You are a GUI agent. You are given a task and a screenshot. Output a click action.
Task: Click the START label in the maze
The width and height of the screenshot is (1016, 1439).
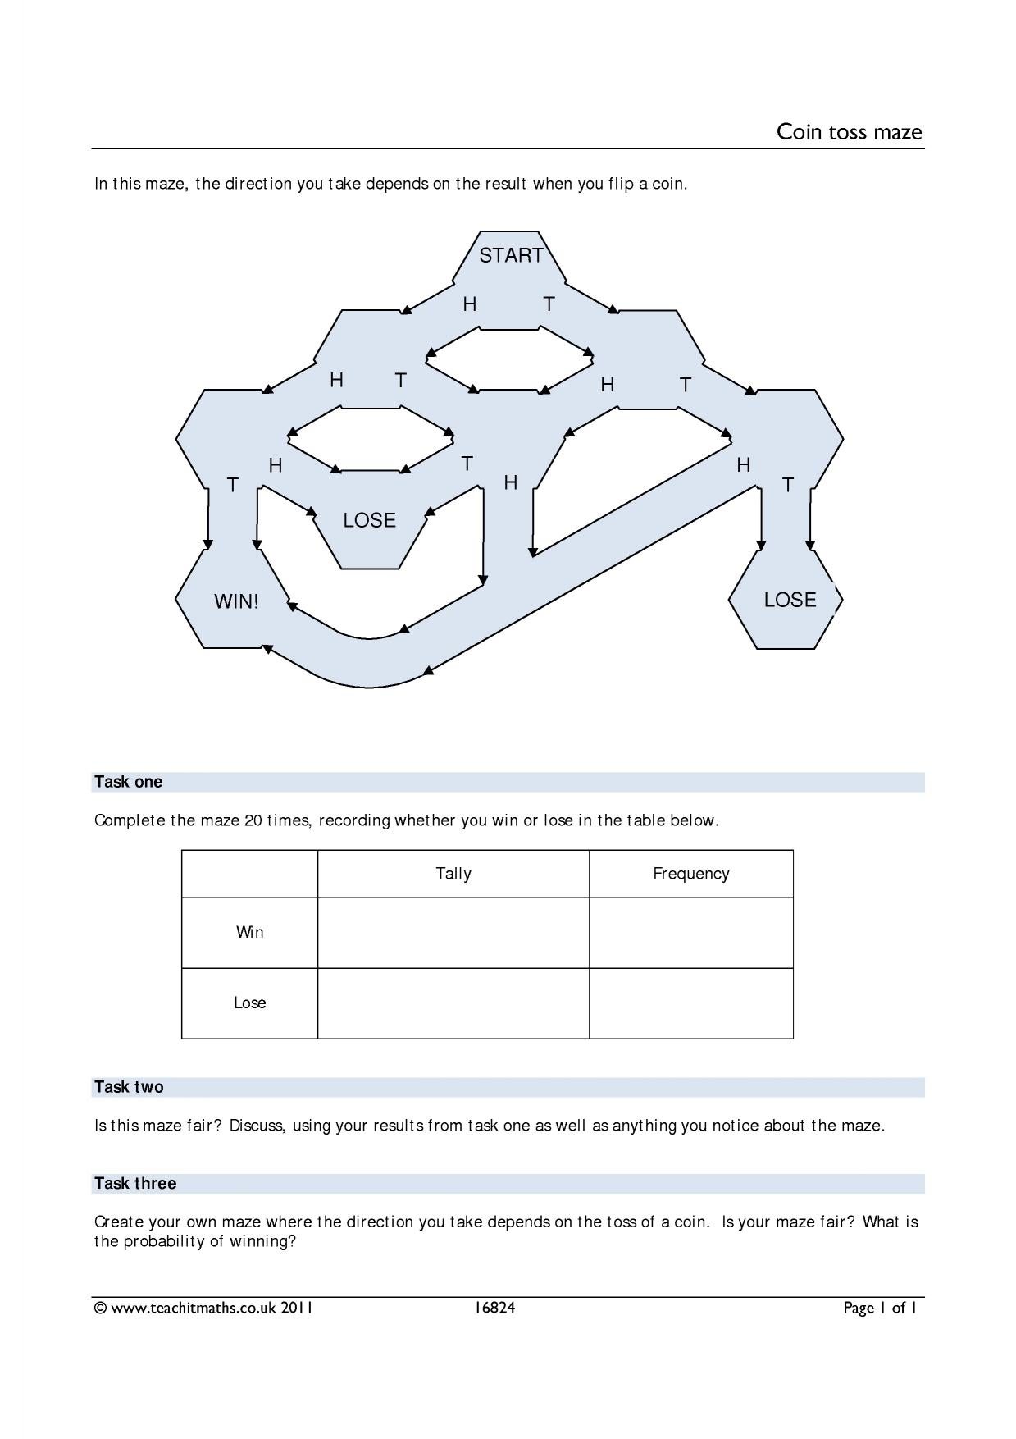coord(511,256)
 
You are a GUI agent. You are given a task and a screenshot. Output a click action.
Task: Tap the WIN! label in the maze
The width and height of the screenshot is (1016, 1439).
coord(236,601)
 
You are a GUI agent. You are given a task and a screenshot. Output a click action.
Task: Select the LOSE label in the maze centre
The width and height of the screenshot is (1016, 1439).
coord(369,520)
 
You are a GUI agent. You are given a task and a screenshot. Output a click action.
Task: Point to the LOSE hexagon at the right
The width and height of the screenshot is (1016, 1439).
coord(789,600)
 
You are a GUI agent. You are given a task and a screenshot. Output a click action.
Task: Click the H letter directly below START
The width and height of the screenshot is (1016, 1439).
coord(470,304)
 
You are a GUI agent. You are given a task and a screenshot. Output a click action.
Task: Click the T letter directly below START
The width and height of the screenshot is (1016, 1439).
coord(549,304)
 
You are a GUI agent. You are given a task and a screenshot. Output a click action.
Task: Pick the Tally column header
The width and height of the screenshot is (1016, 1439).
coord(453,874)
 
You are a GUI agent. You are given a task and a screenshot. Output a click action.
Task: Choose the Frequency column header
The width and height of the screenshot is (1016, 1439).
coord(690,874)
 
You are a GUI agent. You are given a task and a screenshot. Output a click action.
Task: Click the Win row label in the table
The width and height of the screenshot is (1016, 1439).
coord(249,932)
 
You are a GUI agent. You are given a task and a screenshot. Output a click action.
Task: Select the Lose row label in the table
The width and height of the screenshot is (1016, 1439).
coord(249,1003)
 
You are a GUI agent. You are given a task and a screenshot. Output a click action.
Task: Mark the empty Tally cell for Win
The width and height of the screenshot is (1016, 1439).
coord(453,933)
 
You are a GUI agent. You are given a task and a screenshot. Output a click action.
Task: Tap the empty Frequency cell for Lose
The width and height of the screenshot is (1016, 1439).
coord(690,1003)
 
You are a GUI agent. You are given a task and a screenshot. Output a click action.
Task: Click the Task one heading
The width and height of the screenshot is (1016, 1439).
coord(129,782)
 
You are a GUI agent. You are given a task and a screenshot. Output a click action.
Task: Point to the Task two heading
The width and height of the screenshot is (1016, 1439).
coord(129,1087)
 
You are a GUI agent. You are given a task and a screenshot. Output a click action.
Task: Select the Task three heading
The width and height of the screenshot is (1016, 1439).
coord(135,1183)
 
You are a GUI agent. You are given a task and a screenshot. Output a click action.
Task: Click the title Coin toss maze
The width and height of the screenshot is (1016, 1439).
coord(849,132)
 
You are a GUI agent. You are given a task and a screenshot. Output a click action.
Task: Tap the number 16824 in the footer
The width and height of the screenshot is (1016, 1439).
coord(494,1308)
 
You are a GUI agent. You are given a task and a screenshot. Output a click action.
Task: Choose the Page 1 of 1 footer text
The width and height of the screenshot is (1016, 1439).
coord(879,1308)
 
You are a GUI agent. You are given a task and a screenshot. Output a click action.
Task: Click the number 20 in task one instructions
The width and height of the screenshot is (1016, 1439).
coord(253,820)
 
